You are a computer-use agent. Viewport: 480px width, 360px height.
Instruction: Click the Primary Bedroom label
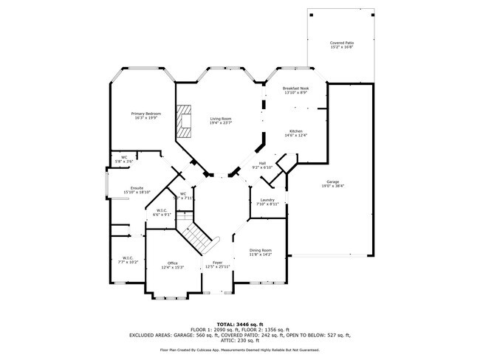tap(146, 114)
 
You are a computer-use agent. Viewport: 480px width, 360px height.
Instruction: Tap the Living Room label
tap(221, 119)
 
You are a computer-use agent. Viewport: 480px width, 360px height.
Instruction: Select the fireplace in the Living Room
tap(184, 122)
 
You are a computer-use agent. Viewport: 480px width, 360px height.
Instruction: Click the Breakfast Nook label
tap(295, 89)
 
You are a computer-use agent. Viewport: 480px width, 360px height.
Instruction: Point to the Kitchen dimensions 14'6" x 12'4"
tap(295, 136)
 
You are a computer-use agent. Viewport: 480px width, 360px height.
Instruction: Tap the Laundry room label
tap(267, 200)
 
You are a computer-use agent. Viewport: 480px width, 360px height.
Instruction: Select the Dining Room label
tap(260, 250)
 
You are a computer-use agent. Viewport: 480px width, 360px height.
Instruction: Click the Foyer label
tap(217, 263)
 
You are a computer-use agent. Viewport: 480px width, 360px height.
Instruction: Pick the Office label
tap(172, 263)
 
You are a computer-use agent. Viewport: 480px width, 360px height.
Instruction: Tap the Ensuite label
tap(137, 188)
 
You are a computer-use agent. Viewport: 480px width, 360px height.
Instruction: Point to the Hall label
tap(262, 163)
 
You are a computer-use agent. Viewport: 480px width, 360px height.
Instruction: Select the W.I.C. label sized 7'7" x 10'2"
tap(127, 258)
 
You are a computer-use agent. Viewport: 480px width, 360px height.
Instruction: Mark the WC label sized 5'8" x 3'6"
tap(124, 157)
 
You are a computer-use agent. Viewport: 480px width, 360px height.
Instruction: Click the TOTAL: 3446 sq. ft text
tap(240, 324)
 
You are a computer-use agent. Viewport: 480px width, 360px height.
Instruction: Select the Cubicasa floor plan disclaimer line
tap(240, 350)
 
